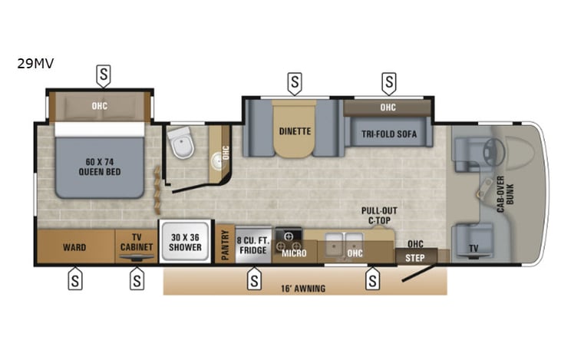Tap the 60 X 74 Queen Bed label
(99, 167)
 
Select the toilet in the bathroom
(182, 142)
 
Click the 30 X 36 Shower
(185, 242)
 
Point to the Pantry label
(226, 245)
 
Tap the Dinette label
(295, 131)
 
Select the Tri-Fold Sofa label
(388, 134)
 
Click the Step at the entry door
(414, 258)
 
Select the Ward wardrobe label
(74, 248)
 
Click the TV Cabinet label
(137, 243)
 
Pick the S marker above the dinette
(295, 81)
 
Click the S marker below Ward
(75, 281)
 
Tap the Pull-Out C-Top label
(378, 215)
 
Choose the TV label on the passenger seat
(474, 248)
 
